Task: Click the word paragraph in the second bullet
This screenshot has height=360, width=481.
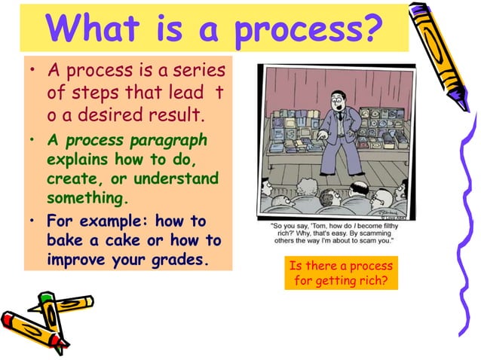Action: [x=169, y=143]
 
